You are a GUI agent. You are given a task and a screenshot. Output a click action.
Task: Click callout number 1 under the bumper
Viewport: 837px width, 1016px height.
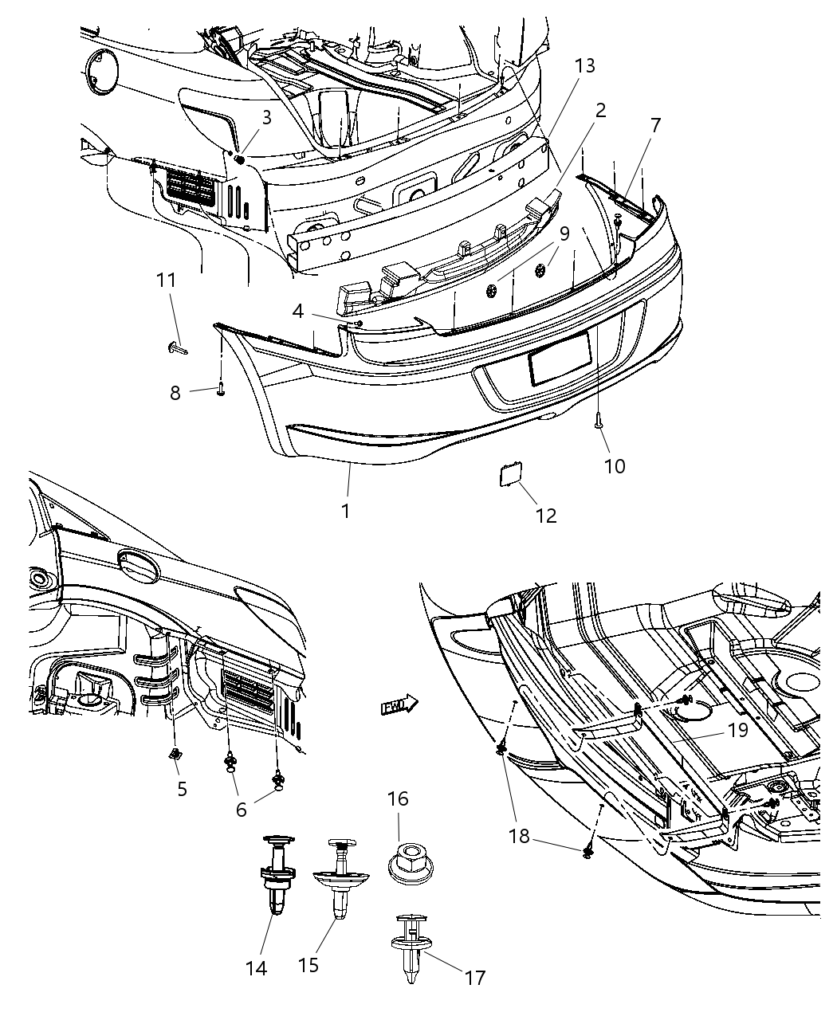pos(345,510)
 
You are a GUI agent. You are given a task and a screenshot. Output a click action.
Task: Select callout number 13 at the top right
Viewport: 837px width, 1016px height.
pos(584,65)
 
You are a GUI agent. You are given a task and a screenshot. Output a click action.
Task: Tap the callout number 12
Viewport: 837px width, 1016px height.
pos(545,516)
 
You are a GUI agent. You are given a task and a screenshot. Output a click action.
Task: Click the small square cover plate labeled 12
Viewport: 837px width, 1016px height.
pos(505,477)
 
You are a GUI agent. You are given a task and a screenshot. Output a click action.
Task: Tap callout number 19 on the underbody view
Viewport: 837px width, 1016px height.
pos(738,729)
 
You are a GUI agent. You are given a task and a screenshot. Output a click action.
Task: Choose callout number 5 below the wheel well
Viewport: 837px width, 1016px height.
pos(182,789)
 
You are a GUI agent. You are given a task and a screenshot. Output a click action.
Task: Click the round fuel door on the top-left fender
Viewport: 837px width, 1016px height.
pos(102,73)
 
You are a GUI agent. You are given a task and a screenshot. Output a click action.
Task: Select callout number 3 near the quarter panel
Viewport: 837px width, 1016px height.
pos(267,117)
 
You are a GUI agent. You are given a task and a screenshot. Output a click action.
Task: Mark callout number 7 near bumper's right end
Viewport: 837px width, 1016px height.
pos(655,125)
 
